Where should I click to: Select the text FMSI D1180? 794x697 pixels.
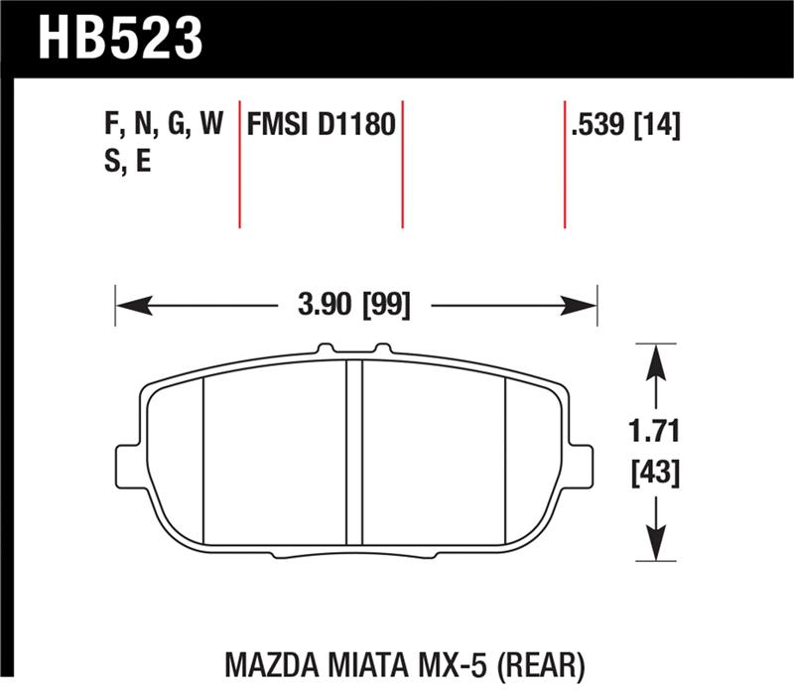[322, 125]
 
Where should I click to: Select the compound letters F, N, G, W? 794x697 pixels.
[163, 125]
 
